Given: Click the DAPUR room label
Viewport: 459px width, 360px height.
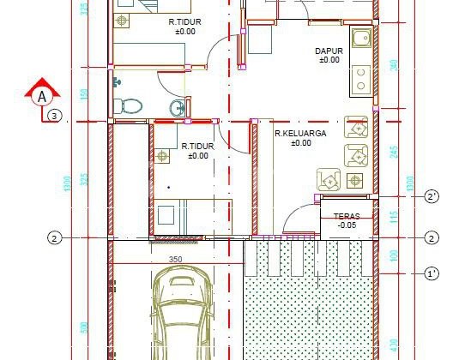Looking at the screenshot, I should [x=330, y=51].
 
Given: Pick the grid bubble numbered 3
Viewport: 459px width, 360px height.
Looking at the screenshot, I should [x=54, y=115].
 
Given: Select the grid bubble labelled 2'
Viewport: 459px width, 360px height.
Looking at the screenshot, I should [x=432, y=197].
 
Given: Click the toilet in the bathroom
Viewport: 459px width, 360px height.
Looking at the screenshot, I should [x=130, y=105].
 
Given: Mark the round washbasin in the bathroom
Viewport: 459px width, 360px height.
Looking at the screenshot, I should [x=178, y=107].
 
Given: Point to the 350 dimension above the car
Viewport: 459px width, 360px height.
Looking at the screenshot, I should [x=175, y=258].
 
